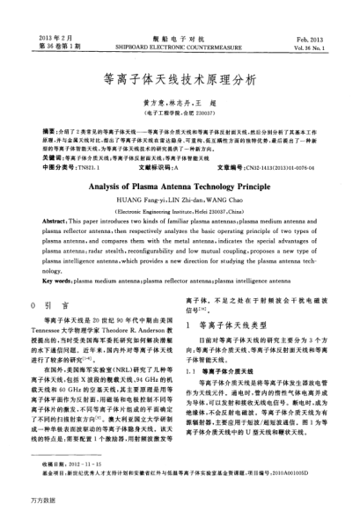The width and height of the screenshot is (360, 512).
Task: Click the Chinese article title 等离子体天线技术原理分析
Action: point(180,78)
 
